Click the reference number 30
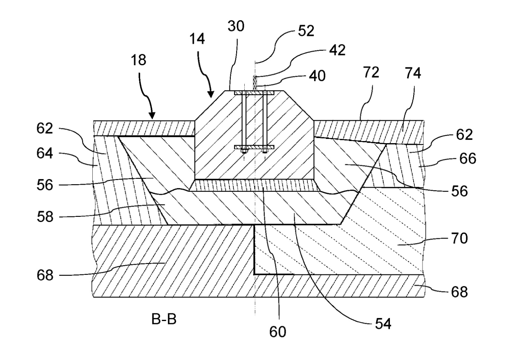(236, 26)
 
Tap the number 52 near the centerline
(306, 31)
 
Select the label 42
(337, 50)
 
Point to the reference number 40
(317, 76)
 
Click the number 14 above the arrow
(197, 39)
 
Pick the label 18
(138, 60)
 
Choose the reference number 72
(371, 72)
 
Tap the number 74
(413, 73)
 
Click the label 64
(45, 153)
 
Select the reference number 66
(468, 158)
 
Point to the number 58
(45, 216)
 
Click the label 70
(459, 238)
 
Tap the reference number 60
(278, 332)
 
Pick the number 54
(383, 324)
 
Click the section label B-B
(164, 319)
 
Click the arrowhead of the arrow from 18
(152, 116)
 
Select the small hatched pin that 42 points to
(255, 83)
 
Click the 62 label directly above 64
(45, 128)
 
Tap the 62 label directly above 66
(464, 134)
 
